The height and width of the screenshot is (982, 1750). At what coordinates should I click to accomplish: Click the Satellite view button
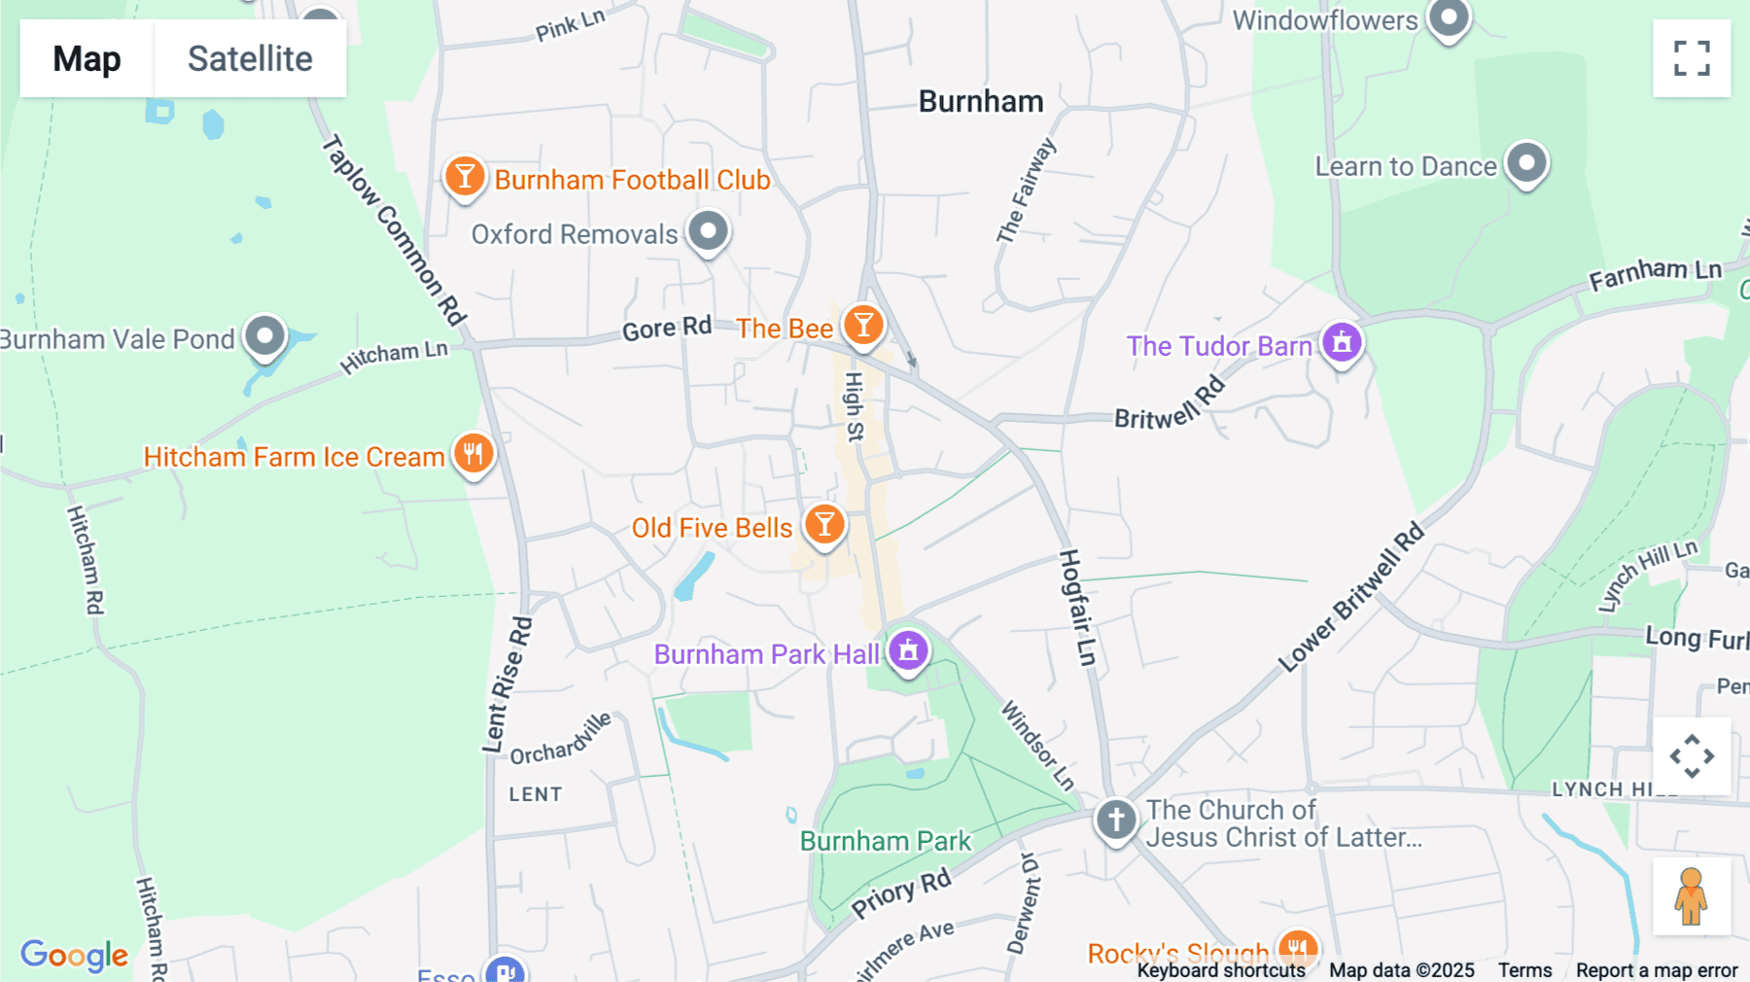pyautogui.click(x=250, y=58)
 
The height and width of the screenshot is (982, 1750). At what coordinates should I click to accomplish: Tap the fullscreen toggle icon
pyautogui.click(x=1692, y=58)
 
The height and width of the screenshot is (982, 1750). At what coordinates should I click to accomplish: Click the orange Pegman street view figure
pyautogui.click(x=1691, y=896)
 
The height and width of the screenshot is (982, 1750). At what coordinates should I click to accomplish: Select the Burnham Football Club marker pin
pyautogui.click(x=465, y=177)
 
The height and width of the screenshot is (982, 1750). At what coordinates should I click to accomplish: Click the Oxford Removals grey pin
pyautogui.click(x=708, y=232)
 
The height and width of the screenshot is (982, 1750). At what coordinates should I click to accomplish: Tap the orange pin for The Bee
pyautogui.click(x=862, y=325)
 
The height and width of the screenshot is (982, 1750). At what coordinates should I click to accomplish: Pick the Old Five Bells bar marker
pyautogui.click(x=824, y=525)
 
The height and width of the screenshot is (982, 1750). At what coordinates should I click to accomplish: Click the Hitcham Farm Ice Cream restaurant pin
pyautogui.click(x=473, y=453)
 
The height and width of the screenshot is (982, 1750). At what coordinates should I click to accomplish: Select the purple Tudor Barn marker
pyautogui.click(x=1342, y=342)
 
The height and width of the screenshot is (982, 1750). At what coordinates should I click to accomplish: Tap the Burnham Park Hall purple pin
pyautogui.click(x=908, y=650)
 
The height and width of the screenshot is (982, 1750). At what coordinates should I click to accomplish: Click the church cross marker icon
pyautogui.click(x=1116, y=820)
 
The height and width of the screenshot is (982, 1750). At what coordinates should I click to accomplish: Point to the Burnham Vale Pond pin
pyautogui.click(x=264, y=337)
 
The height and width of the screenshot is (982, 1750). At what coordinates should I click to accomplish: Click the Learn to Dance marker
pyautogui.click(x=1526, y=163)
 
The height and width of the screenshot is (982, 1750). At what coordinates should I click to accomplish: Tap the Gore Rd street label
pyautogui.click(x=667, y=329)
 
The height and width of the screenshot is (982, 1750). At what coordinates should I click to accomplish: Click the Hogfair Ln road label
pyautogui.click(x=1077, y=608)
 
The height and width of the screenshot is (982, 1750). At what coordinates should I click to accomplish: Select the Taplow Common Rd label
pyautogui.click(x=395, y=229)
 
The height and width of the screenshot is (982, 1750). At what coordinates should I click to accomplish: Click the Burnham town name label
pyautogui.click(x=981, y=101)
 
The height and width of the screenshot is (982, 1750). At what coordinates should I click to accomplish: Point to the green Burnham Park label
pyautogui.click(x=885, y=841)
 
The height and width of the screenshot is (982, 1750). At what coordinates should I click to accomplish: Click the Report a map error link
pyautogui.click(x=1657, y=970)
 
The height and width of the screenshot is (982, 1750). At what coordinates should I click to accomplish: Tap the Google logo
pyautogui.click(x=74, y=955)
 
